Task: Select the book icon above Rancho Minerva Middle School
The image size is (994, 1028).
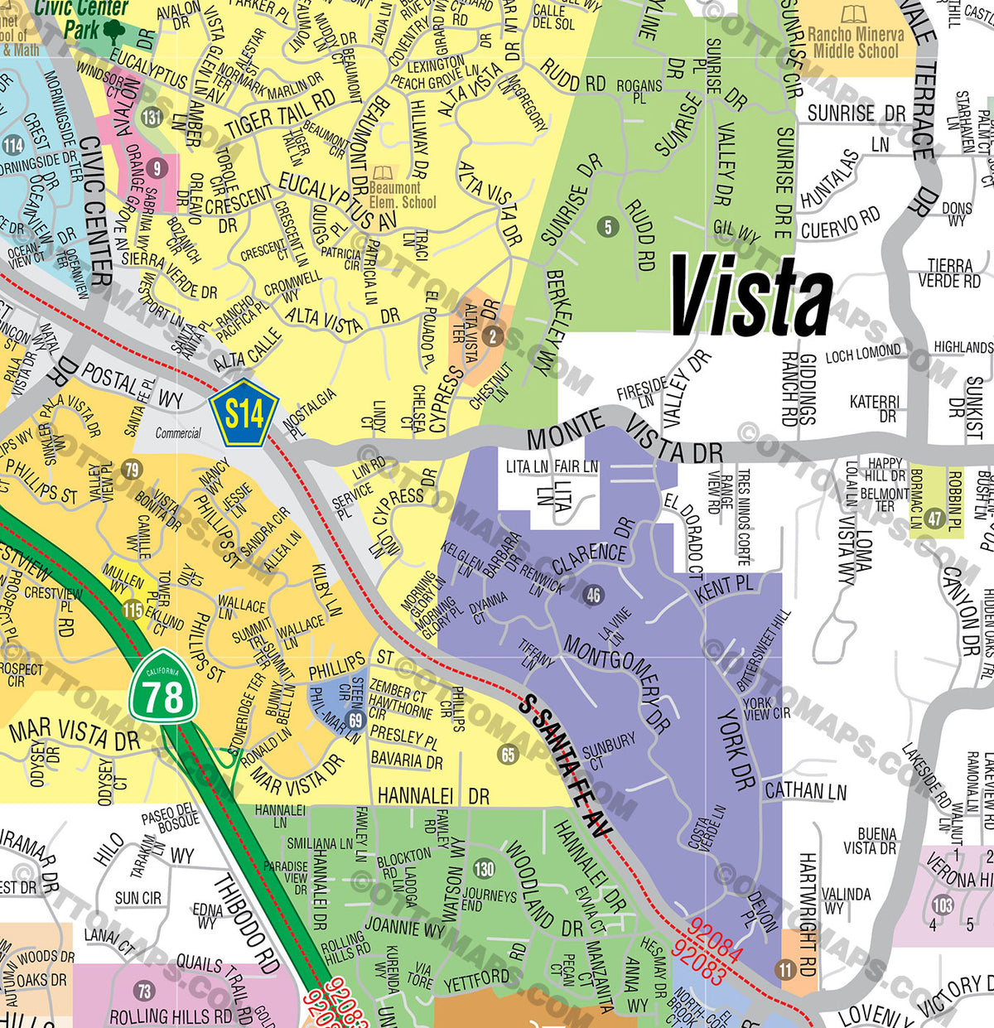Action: [x=854, y=15]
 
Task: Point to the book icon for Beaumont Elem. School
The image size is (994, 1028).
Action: [x=383, y=173]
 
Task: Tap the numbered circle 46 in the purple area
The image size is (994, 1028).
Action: [x=593, y=595]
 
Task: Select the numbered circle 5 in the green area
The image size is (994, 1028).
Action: [x=608, y=226]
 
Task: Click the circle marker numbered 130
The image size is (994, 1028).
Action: [x=484, y=869]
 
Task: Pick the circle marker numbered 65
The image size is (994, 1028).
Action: [x=508, y=754]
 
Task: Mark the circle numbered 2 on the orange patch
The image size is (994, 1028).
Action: [x=493, y=335]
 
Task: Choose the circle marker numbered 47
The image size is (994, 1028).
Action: [x=934, y=519]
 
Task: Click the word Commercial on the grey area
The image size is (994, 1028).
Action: [x=178, y=432]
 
